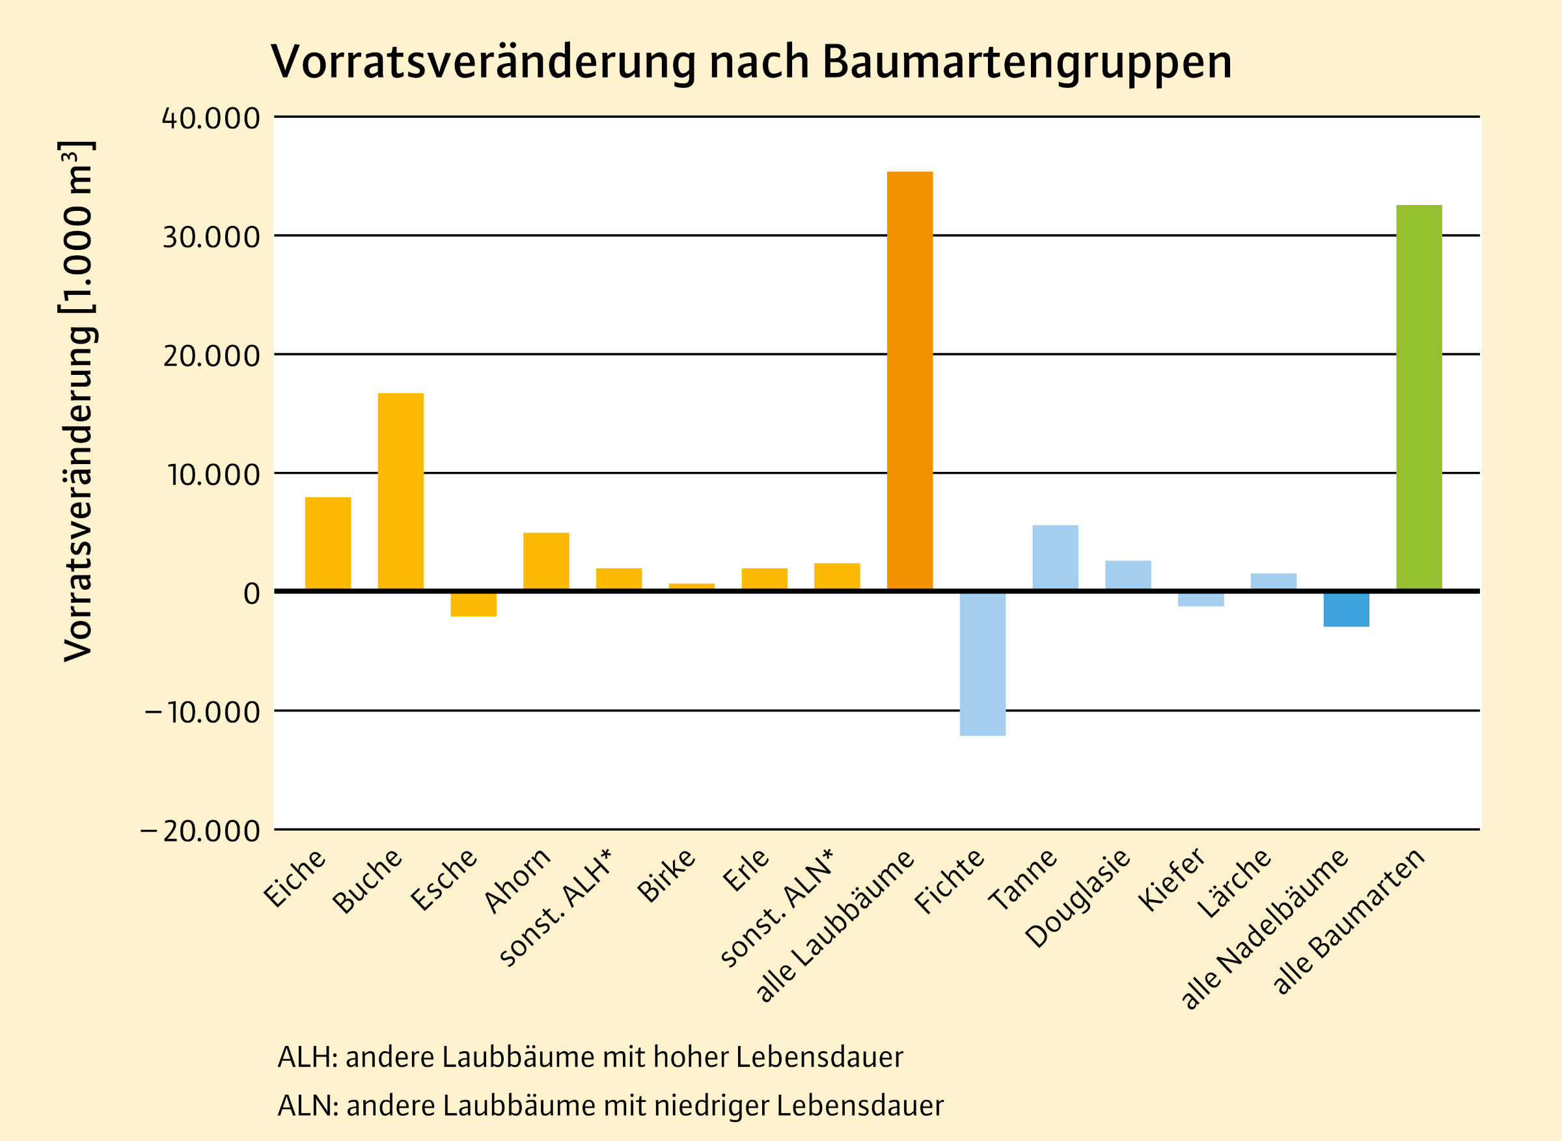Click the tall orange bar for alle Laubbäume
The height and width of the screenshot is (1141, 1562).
909,381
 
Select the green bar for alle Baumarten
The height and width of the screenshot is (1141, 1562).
1418,397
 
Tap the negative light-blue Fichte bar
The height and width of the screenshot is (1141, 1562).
982,663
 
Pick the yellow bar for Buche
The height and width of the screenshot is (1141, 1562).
400,491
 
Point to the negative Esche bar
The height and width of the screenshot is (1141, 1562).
473,604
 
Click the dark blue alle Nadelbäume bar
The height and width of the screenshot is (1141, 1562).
1346,609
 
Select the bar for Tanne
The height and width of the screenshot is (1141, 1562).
1055,557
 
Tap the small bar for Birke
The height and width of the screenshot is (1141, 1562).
691,586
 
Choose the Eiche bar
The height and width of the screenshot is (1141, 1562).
328,543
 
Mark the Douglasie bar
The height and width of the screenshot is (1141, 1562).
1128,575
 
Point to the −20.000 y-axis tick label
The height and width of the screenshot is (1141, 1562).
201,831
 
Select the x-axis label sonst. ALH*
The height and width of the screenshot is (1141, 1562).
556,907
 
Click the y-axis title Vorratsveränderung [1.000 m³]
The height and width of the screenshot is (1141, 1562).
77,400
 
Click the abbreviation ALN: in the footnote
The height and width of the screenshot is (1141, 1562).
308,1106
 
